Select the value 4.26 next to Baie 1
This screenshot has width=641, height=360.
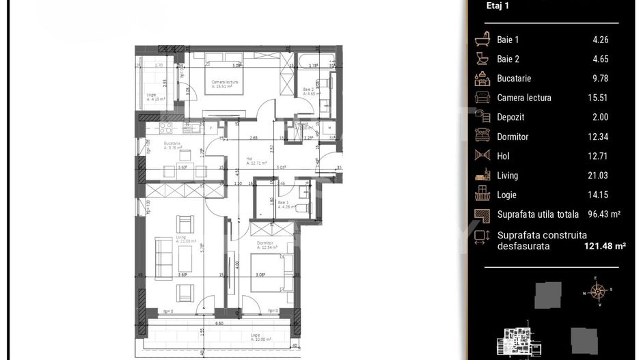click(x=600, y=40)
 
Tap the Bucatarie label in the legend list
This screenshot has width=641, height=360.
click(x=514, y=79)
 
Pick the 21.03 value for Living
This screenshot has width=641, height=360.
click(x=599, y=176)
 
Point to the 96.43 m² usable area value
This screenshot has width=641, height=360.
click(x=603, y=214)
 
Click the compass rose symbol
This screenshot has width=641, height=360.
click(x=598, y=293)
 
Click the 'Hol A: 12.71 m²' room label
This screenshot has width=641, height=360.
click(x=256, y=161)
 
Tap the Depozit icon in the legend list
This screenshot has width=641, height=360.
click(x=482, y=117)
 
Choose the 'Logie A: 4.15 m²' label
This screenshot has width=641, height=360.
click(x=156, y=97)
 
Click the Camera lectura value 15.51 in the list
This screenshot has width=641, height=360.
click(x=599, y=98)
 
